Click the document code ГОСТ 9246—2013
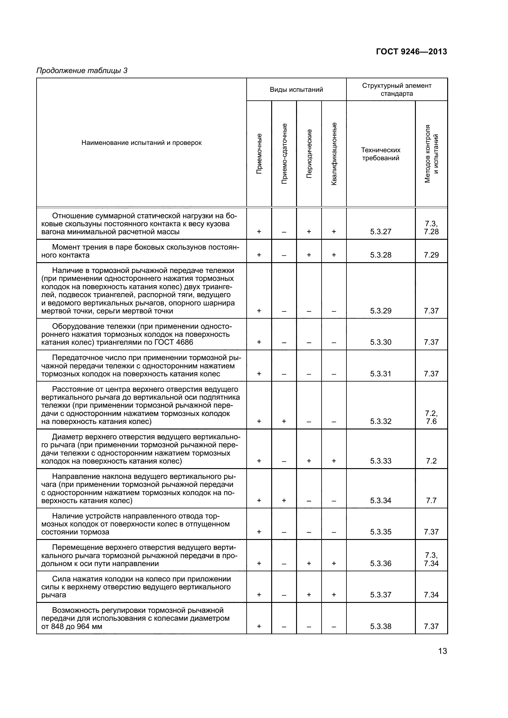(x=411, y=52)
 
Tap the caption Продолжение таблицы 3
(x=82, y=71)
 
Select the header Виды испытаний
(x=296, y=90)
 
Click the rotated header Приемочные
(x=259, y=153)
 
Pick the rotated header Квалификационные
(x=334, y=153)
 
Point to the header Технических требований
(x=381, y=154)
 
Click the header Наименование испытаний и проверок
(x=141, y=143)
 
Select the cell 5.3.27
(x=381, y=232)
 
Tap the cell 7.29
(x=431, y=255)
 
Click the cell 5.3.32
(x=381, y=421)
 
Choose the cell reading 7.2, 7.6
(x=431, y=417)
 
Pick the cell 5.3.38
(x=381, y=627)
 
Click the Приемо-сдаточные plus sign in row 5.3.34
(x=284, y=500)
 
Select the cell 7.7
(x=431, y=500)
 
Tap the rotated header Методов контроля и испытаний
(x=431, y=153)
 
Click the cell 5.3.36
(x=381, y=563)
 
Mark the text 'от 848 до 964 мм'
(x=72, y=627)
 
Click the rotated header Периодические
(x=309, y=153)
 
